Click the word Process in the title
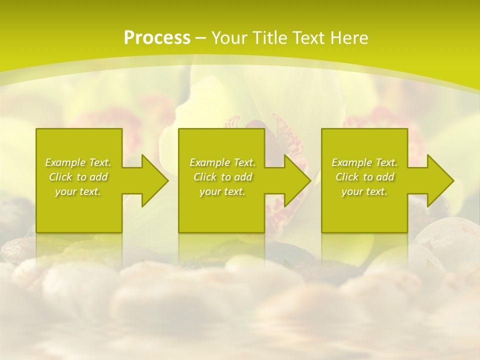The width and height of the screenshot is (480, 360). coord(157,37)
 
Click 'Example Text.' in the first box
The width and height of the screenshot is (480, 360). coord(78,162)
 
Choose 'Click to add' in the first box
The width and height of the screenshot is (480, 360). coord(78,177)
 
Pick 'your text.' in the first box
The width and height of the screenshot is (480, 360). coord(78,191)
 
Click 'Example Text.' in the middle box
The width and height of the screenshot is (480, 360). coord(222,162)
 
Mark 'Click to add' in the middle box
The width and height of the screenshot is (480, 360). coord(222,177)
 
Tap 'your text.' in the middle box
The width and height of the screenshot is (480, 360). coord(222,191)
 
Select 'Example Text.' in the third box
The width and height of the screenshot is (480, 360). coord(364,162)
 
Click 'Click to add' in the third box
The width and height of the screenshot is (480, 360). coord(364,177)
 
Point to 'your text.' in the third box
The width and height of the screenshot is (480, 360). coord(364,191)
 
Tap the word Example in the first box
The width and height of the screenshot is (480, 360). coord(65,162)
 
